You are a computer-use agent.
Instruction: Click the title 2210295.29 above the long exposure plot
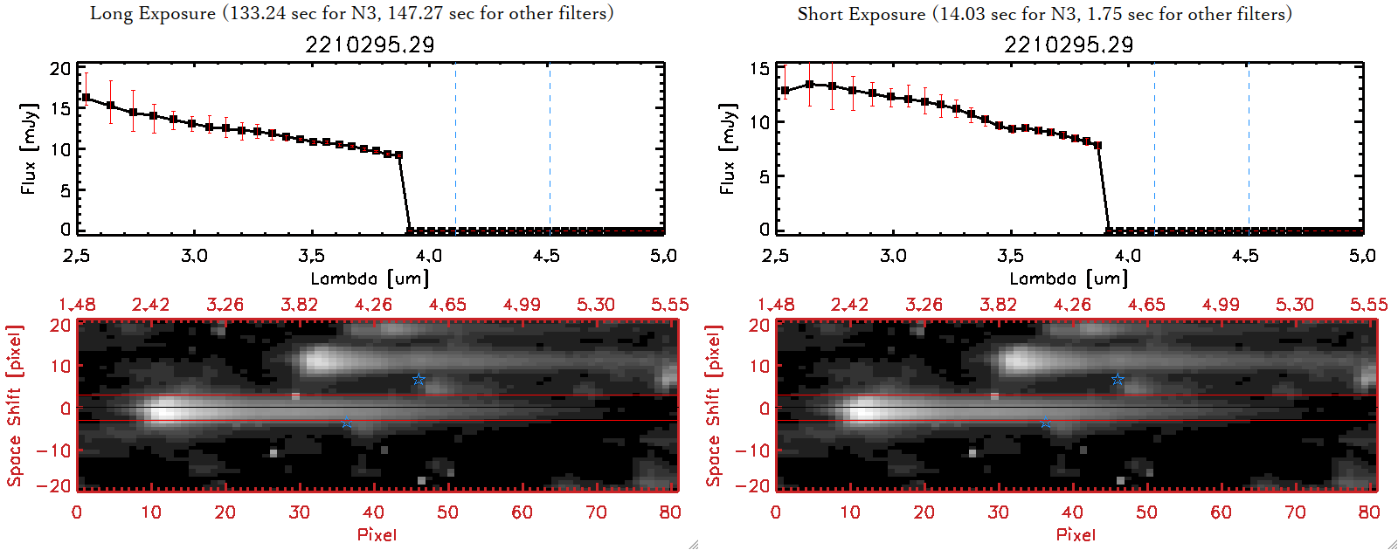[370, 45]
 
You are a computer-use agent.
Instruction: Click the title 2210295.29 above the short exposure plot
[1069, 45]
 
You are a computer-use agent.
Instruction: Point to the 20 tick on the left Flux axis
[60, 69]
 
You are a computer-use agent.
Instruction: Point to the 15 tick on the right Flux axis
[759, 69]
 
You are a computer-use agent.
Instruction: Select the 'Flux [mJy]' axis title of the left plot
[29, 148]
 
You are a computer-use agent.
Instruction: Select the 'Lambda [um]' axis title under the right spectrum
[1069, 278]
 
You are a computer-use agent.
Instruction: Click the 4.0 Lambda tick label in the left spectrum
[429, 256]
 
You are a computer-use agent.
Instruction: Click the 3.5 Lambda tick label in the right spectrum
[1010, 256]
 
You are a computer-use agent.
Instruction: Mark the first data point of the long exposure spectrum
[86, 98]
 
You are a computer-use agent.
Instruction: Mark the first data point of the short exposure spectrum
[785, 91]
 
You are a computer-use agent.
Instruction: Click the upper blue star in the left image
[419, 379]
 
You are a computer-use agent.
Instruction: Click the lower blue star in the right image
[1046, 423]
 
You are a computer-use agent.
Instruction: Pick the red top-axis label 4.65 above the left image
[447, 305]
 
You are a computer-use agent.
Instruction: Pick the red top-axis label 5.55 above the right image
[1368, 305]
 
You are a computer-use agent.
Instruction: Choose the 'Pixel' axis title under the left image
[377, 534]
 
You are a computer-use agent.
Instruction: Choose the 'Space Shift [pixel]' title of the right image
[714, 406]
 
